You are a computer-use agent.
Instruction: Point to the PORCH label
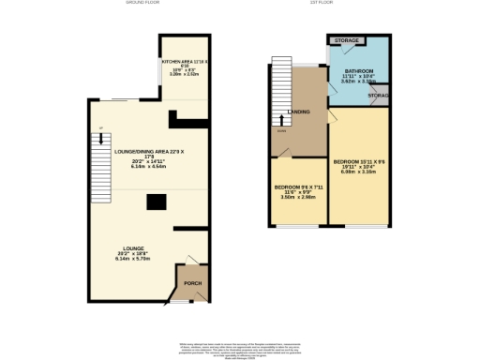192,283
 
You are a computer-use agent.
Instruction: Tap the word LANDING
299,111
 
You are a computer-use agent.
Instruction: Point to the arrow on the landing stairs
279,119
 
